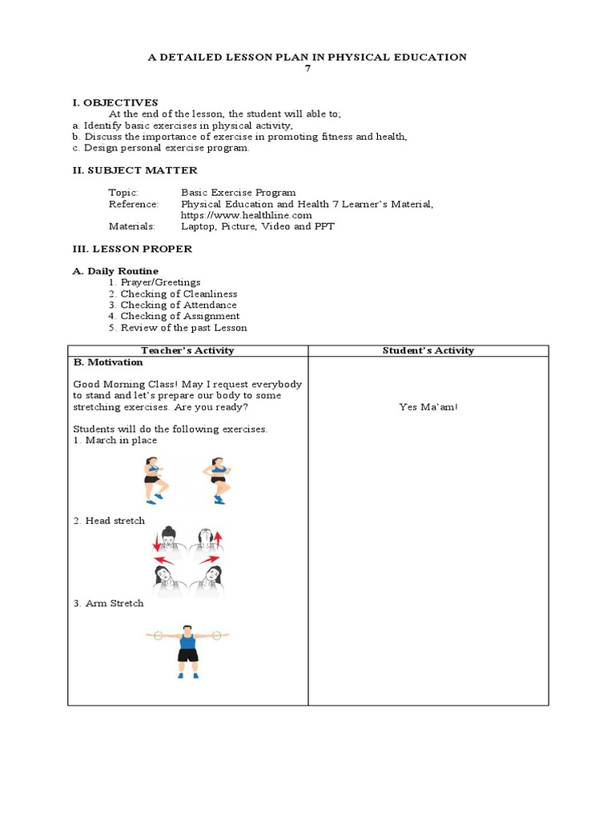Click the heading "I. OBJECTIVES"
115,102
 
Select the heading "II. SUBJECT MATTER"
135,170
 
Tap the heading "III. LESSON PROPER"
132,249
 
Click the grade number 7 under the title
307,68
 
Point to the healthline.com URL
247,215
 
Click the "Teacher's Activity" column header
187,350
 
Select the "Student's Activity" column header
428,350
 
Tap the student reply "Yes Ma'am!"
428,407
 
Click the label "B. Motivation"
108,362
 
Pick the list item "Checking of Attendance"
179,305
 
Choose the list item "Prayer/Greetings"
161,282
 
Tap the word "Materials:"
132,226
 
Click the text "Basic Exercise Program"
238,193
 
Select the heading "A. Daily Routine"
115,271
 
